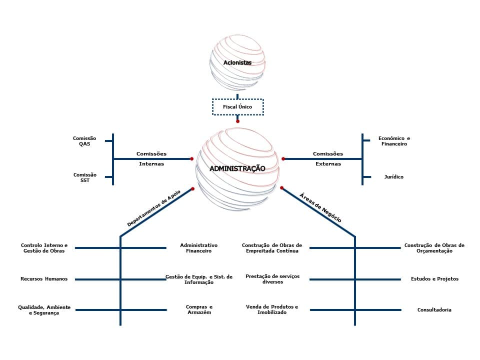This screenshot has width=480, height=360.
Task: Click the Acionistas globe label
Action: (237, 63)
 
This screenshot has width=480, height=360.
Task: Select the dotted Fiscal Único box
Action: (237, 107)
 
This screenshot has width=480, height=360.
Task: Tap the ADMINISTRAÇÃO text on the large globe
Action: (237, 169)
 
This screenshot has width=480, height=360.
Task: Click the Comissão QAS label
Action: (84, 141)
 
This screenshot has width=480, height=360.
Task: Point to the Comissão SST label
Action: (84, 177)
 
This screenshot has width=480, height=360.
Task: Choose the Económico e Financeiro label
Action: (394, 141)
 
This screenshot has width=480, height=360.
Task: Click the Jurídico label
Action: (394, 177)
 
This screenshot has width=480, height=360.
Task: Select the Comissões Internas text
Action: (151, 158)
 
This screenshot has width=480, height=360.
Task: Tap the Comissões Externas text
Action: (328, 158)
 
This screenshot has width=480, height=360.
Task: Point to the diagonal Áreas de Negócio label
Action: (320, 207)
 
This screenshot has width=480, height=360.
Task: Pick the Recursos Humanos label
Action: (44, 279)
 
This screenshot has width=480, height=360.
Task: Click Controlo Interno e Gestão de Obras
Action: (44, 248)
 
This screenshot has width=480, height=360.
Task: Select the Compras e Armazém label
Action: (199, 309)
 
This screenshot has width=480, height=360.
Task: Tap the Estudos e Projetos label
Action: (434, 279)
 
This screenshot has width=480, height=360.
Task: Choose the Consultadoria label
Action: (434, 310)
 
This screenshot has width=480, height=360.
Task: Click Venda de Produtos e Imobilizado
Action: (272, 309)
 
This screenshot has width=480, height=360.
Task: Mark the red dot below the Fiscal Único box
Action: (237, 121)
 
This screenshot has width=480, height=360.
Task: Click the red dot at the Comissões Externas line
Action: (283, 159)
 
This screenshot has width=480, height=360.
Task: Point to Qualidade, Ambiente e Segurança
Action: (44, 309)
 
